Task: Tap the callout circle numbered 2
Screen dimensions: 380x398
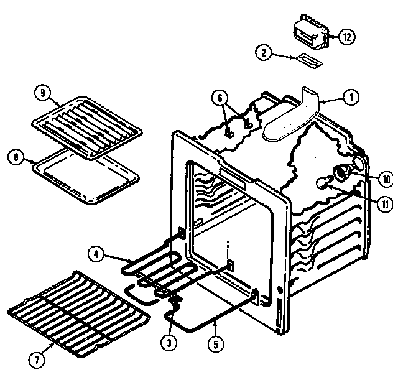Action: pyautogui.click(x=266, y=54)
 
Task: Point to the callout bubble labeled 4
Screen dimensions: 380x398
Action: pyautogui.click(x=97, y=254)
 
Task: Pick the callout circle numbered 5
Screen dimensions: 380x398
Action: pyautogui.click(x=214, y=340)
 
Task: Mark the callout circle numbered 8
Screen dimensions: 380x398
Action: pyautogui.click(x=17, y=157)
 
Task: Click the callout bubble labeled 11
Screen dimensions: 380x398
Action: pyautogui.click(x=386, y=202)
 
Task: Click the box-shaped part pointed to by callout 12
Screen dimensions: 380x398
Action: pyautogui.click(x=310, y=35)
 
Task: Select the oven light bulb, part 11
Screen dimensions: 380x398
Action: pyautogui.click(x=322, y=182)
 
